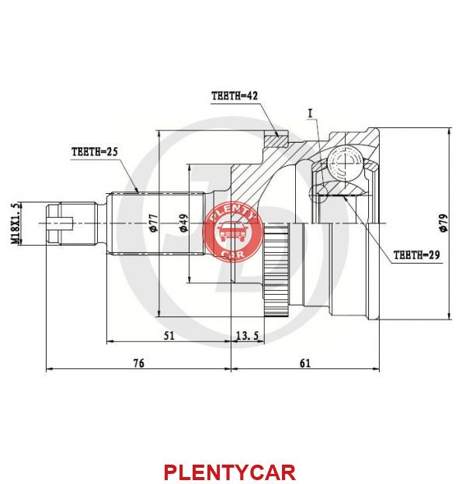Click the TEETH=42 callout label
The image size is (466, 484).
pyautogui.click(x=235, y=95)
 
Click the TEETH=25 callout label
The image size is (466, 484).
pyautogui.click(x=95, y=152)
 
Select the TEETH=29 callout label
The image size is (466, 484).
pyautogui.click(x=416, y=255)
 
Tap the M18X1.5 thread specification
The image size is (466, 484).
pyautogui.click(x=16, y=224)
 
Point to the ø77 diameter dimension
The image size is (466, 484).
pyautogui.click(x=154, y=223)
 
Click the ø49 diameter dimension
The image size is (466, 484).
pyautogui.click(x=183, y=223)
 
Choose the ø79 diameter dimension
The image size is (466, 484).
pyautogui.click(x=443, y=223)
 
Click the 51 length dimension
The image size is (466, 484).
pyautogui.click(x=169, y=336)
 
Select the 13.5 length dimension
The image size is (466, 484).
pyautogui.click(x=247, y=336)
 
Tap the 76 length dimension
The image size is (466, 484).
pyautogui.click(x=139, y=363)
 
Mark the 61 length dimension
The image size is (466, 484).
pyautogui.click(x=305, y=363)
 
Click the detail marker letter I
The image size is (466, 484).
pyautogui.click(x=310, y=113)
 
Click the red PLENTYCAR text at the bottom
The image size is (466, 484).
pyautogui.click(x=230, y=472)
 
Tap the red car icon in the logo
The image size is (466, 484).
pyautogui.click(x=232, y=232)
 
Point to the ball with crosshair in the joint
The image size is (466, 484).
pyautogui.click(x=344, y=161)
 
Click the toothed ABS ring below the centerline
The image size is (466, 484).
pyautogui.click(x=276, y=271)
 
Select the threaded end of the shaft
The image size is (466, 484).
pyautogui.click(x=72, y=223)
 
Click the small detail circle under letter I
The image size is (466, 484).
pyautogui.click(x=319, y=193)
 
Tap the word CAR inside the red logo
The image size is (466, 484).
pyautogui.click(x=232, y=254)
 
